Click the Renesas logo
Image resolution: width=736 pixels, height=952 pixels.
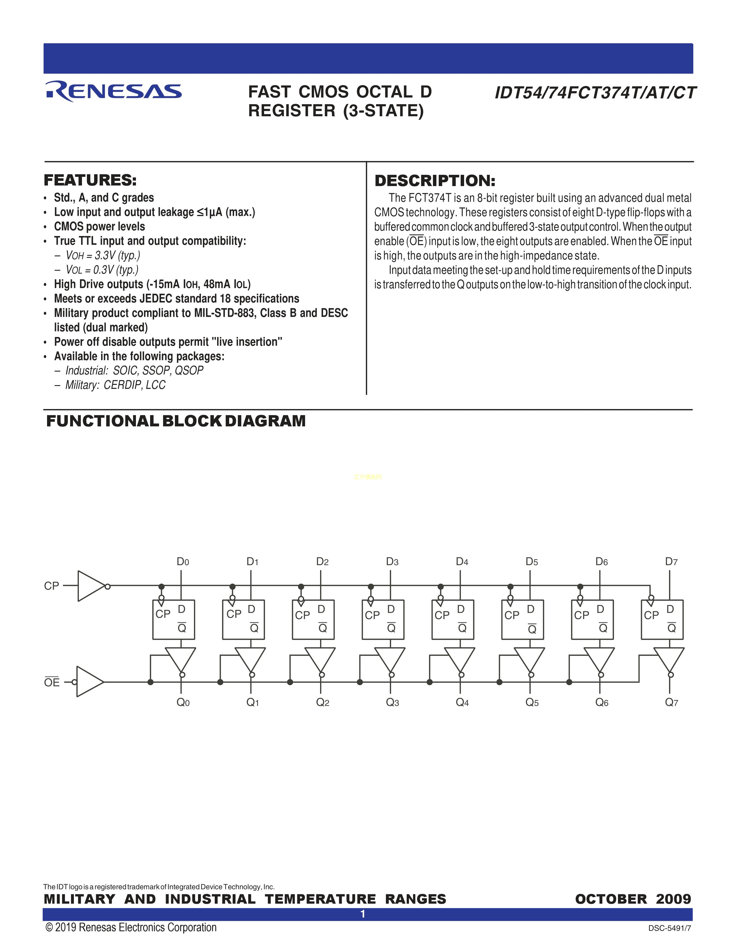tap(113, 91)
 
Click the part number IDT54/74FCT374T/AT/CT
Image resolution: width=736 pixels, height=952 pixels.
tap(595, 93)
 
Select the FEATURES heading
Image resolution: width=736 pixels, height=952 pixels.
tap(90, 180)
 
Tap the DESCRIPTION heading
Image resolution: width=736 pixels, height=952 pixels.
tap(435, 181)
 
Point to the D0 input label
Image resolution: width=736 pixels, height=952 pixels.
tap(183, 561)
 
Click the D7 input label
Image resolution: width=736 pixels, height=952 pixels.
tap(671, 561)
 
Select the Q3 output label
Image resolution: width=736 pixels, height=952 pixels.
tap(392, 702)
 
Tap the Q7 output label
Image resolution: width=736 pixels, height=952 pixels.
tap(671, 702)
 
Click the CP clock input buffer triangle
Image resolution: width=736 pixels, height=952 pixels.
tap(90, 586)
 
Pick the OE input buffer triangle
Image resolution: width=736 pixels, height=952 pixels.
tap(89, 682)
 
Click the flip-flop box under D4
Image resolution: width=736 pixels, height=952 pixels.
tap(453, 619)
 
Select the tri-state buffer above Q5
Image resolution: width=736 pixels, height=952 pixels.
tap(529, 659)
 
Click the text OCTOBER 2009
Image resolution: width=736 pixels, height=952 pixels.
tap(633, 899)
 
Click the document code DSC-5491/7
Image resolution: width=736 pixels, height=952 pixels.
tap(669, 928)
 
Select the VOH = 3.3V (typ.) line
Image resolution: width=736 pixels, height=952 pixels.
tap(103, 255)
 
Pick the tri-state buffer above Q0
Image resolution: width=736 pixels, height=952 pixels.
tap(180, 659)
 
